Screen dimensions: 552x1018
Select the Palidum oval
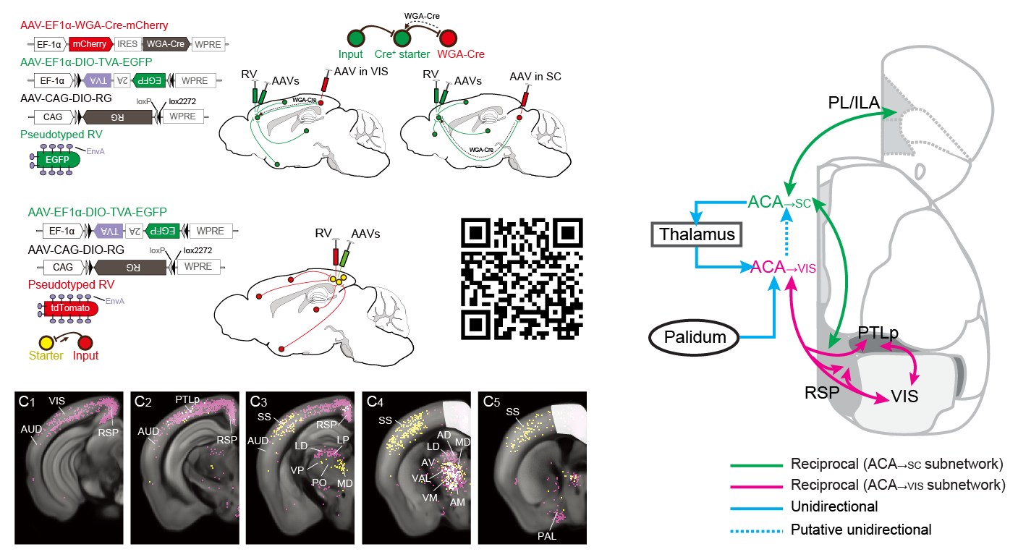tap(695, 336)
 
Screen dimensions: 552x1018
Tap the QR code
tap(521, 279)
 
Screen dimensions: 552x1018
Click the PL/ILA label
tap(853, 104)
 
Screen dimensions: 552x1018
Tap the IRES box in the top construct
tap(127, 43)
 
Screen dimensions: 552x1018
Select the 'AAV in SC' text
tap(535, 77)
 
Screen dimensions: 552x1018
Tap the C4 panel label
tap(376, 401)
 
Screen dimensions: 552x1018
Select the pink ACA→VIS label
tap(784, 267)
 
